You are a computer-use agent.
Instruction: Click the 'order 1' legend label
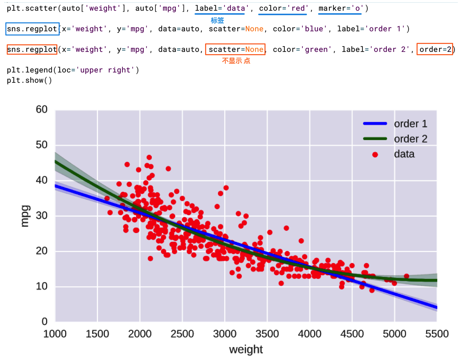[x=410, y=124]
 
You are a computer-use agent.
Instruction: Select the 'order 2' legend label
[x=410, y=139]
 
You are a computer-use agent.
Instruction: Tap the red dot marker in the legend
[x=375, y=154]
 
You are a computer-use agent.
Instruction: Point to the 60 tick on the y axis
[x=42, y=109]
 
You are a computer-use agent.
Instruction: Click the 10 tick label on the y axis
[x=42, y=286]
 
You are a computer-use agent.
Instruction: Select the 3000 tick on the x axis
[x=225, y=334]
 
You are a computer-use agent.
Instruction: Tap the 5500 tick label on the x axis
[x=437, y=334]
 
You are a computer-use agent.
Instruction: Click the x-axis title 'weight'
[x=246, y=349]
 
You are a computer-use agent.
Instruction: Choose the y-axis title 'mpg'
[x=25, y=216]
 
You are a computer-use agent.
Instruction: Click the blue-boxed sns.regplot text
[x=32, y=29]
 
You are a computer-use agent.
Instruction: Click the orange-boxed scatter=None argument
[x=235, y=49]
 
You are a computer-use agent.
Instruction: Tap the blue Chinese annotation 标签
[x=217, y=20]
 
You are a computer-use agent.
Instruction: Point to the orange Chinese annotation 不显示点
[x=236, y=61]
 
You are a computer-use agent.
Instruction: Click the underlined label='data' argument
[x=220, y=8]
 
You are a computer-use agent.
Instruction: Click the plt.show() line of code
[x=29, y=80]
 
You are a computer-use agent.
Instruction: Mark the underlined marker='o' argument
[x=340, y=8]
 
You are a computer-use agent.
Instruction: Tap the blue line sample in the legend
[x=375, y=124]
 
